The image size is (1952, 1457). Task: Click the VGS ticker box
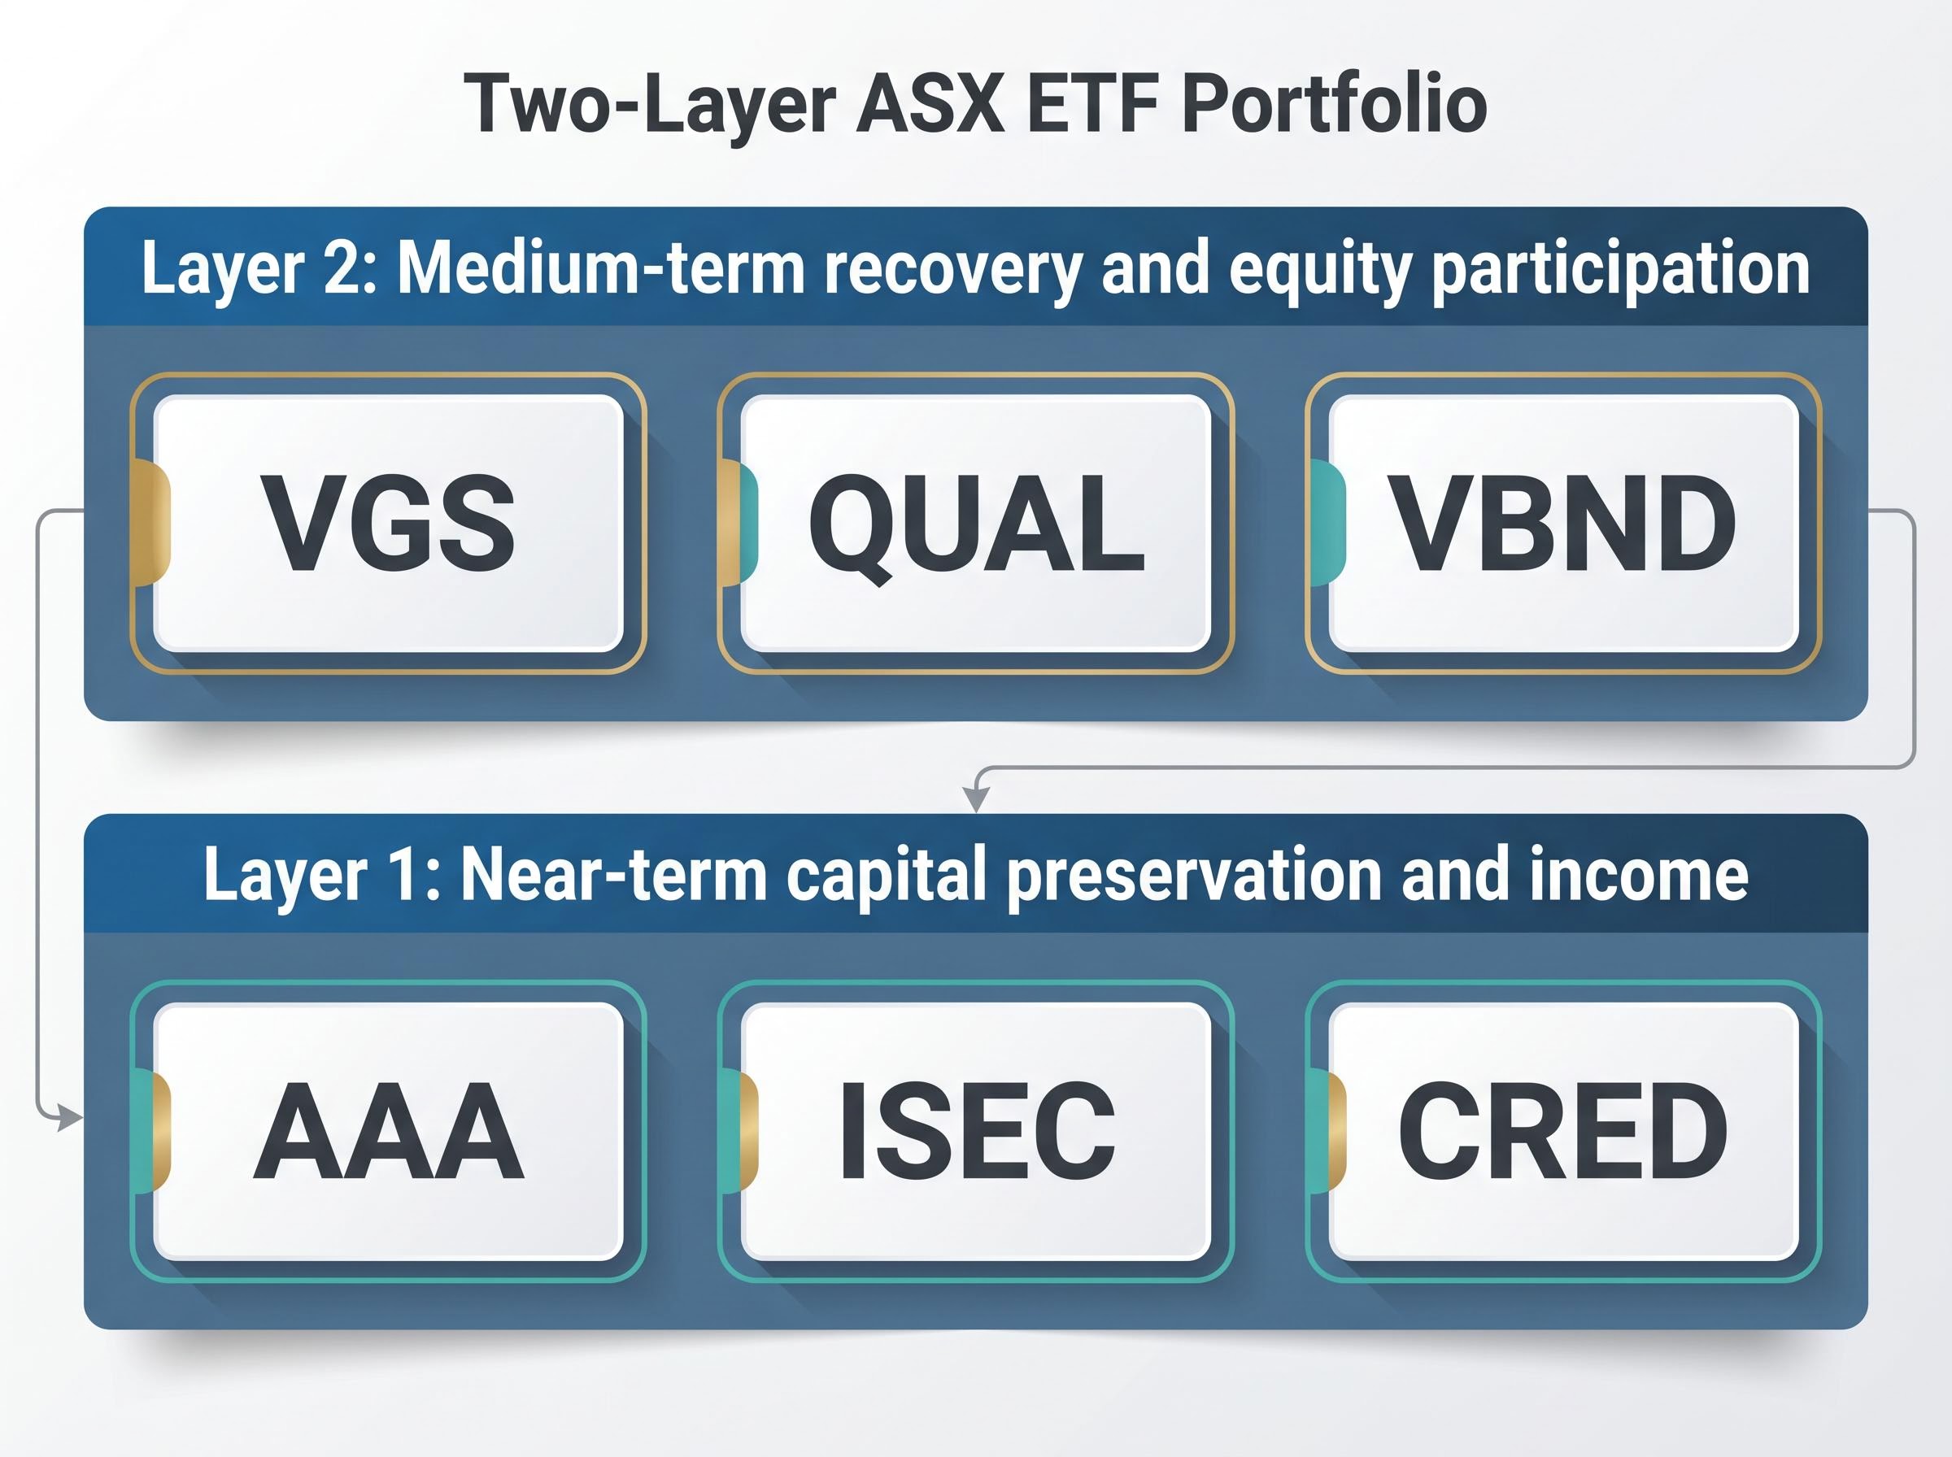[388, 523]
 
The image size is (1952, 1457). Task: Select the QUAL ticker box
[975, 523]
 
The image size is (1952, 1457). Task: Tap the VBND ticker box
[1563, 523]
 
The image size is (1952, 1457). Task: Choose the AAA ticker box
[388, 1132]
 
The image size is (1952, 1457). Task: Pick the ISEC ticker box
[975, 1132]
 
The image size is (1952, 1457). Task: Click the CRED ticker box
[1563, 1132]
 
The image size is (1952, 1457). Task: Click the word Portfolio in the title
[1334, 105]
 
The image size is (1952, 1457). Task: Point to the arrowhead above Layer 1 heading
[974, 799]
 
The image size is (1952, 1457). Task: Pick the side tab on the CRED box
[1327, 1130]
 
